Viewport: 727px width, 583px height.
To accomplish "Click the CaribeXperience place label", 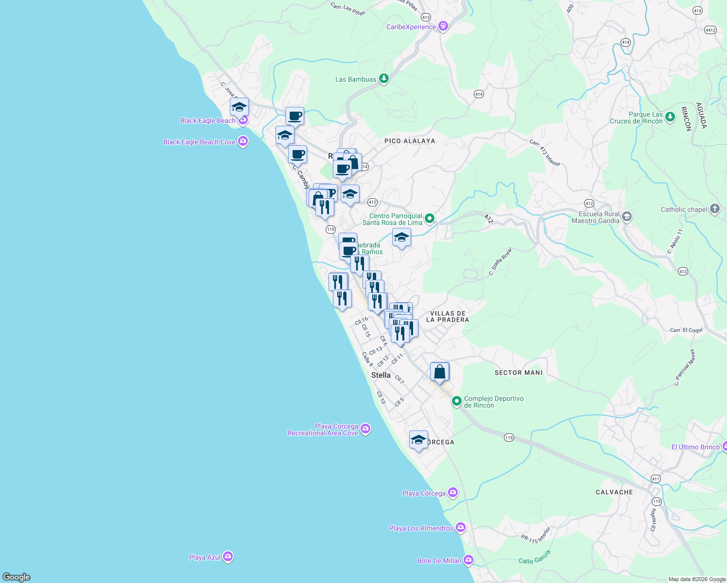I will [x=411, y=27].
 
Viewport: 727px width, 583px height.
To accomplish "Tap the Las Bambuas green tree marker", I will [x=384, y=78].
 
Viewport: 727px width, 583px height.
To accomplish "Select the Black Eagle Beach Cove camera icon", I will [x=243, y=141].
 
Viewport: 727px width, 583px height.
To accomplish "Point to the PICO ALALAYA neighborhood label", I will [x=410, y=141].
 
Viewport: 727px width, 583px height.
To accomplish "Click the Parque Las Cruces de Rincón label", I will [x=636, y=118].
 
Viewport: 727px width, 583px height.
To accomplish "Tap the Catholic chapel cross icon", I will [x=714, y=209].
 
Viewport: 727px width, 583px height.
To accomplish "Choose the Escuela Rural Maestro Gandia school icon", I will [x=627, y=217].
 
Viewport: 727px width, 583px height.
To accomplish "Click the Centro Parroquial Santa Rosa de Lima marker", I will [x=430, y=219].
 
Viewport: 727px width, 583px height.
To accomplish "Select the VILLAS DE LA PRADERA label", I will [x=448, y=317].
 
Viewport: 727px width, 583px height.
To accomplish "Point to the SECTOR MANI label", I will [x=519, y=373].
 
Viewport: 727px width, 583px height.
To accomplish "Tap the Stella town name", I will [x=381, y=375].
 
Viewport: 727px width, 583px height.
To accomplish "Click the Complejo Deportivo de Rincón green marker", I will [x=456, y=401].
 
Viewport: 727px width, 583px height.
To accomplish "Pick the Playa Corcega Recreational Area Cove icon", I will [x=366, y=429].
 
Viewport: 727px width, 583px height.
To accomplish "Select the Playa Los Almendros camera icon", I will [x=461, y=528].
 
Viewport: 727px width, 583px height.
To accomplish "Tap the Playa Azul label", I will [x=205, y=557].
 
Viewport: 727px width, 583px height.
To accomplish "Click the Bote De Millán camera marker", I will [x=468, y=560].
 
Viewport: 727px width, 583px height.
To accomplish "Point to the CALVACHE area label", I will [x=614, y=492].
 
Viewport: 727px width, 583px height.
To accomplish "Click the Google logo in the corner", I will [x=17, y=577].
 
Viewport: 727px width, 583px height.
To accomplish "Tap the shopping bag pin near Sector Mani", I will [x=439, y=372].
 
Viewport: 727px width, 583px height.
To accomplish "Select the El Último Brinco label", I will [x=695, y=447].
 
